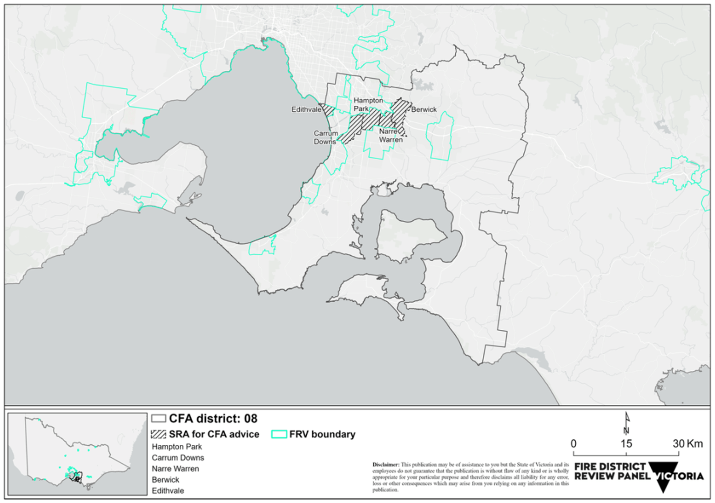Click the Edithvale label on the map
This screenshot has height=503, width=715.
click(x=306, y=109)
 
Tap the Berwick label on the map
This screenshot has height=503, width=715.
click(x=424, y=109)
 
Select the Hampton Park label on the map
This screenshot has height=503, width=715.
click(x=368, y=104)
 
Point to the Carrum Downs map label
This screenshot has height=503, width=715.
click(x=325, y=137)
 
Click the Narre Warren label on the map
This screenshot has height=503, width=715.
click(x=391, y=136)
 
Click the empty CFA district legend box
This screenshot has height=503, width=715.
click(x=158, y=419)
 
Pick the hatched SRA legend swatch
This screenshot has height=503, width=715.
click(x=158, y=435)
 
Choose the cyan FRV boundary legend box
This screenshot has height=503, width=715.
click(x=279, y=435)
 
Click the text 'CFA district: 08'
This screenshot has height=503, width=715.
click(x=213, y=419)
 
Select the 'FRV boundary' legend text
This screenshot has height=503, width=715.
click(x=322, y=435)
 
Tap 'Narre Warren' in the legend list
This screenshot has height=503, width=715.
click(x=175, y=469)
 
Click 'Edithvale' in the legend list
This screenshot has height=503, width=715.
click(x=168, y=491)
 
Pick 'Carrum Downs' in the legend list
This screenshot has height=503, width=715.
click(x=178, y=458)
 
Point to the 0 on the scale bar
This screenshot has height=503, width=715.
click(x=573, y=444)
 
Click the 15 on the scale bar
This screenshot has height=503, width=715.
click(x=626, y=444)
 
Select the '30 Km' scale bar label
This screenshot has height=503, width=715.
click(x=688, y=444)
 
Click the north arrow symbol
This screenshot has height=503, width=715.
click(x=627, y=423)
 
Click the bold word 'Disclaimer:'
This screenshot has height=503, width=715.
click(x=385, y=465)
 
